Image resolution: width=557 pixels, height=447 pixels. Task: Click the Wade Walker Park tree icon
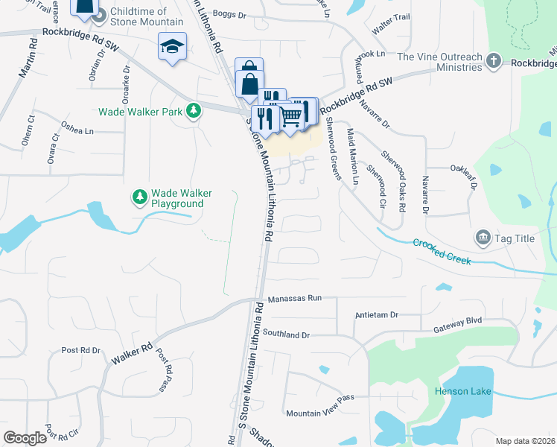pos(194,111)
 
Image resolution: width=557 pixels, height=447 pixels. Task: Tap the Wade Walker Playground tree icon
pos(139,197)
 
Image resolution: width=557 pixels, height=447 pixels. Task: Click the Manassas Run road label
pos(294,298)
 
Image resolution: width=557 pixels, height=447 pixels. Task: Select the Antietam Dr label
pos(378,315)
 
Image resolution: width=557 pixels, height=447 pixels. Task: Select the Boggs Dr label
pos(229,14)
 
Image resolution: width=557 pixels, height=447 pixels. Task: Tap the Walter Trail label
pos(391,28)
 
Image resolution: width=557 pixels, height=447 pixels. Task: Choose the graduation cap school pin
pos(172,47)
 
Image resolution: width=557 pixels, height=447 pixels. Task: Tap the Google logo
pos(25,438)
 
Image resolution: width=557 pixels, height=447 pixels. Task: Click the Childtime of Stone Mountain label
pos(145,16)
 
